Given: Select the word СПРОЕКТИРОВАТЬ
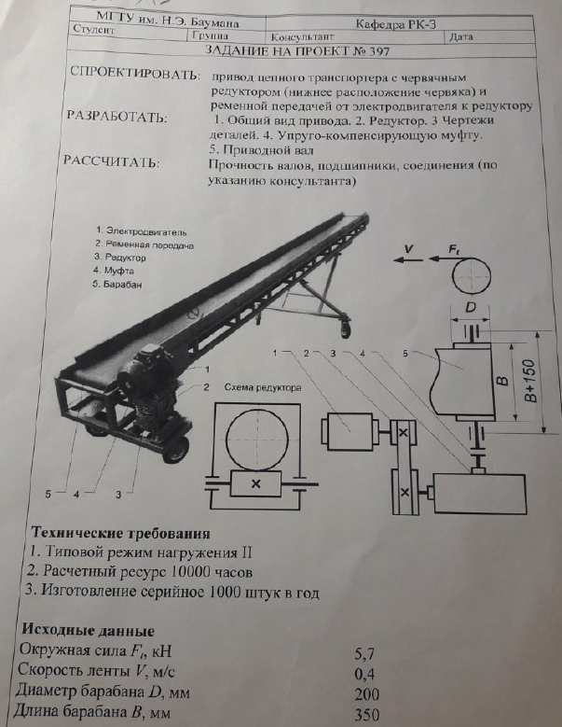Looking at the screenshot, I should pyautogui.click(x=134, y=74).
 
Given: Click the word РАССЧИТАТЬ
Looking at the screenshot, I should pyautogui.click(x=111, y=161).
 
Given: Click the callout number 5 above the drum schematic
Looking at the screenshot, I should pyautogui.click(x=405, y=353).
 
